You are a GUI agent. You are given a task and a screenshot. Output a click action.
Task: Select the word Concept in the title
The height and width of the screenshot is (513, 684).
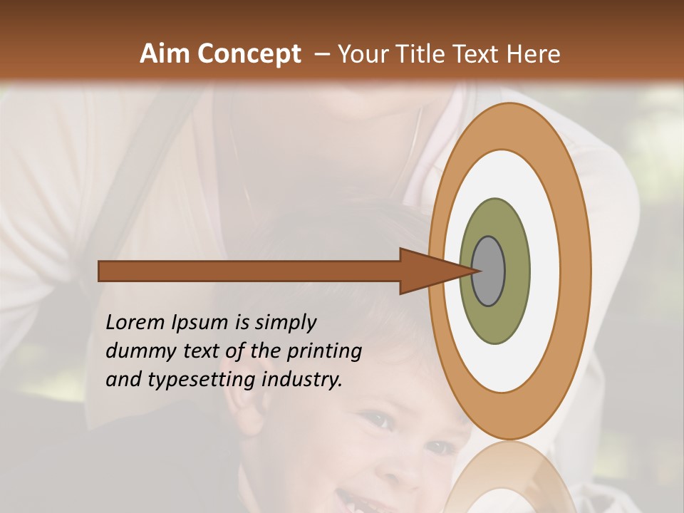coord(249,54)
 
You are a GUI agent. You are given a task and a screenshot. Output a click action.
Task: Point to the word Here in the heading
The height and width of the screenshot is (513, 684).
coord(534,54)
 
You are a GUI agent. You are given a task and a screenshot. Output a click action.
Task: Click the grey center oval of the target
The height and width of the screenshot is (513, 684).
coord(489,271)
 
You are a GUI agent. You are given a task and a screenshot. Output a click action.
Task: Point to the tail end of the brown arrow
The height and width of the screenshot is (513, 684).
coord(103,271)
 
